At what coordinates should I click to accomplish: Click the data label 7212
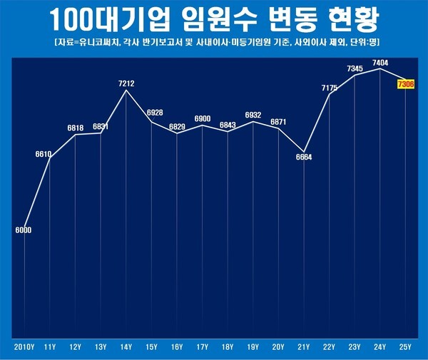coord(126,83)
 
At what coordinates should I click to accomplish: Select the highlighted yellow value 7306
coord(407,85)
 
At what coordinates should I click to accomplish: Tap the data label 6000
coord(24,230)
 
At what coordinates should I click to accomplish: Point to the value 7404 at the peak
coord(380,63)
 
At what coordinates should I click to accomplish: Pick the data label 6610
coord(44,154)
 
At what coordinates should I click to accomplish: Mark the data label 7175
coord(330,88)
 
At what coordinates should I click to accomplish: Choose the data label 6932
coord(253,115)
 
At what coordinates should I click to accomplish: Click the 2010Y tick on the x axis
coord(24,347)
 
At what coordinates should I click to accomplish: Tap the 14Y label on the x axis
coord(126,347)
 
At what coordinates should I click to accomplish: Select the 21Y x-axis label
coord(304,347)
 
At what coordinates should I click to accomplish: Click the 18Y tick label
coord(228,347)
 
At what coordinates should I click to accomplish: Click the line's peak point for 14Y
coord(126,90)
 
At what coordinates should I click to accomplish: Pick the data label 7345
coord(355,68)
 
